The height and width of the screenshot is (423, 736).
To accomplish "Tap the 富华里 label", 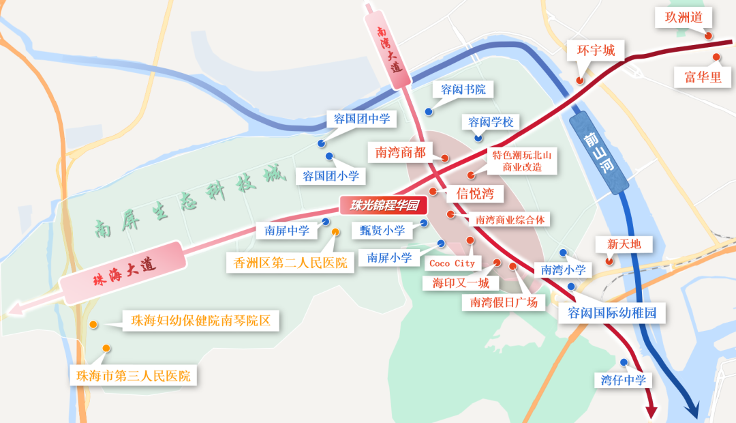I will [703, 77].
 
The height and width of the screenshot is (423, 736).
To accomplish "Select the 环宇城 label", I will [596, 50].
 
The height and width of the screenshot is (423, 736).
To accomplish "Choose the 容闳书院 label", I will [463, 89].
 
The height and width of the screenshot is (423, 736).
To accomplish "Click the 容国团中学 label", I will [362, 119].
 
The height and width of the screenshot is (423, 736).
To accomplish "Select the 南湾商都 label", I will [400, 152].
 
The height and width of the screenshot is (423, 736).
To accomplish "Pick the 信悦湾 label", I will [475, 193].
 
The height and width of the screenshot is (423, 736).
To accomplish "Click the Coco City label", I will [452, 263].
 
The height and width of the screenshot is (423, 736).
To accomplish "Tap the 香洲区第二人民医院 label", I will [290, 263].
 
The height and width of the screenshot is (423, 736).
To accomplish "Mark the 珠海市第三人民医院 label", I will [134, 375].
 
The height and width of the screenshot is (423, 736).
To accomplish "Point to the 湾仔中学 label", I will [623, 380].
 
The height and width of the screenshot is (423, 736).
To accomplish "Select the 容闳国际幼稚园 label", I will [611, 313].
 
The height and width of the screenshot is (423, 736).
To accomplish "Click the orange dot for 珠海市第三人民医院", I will [106, 349].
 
